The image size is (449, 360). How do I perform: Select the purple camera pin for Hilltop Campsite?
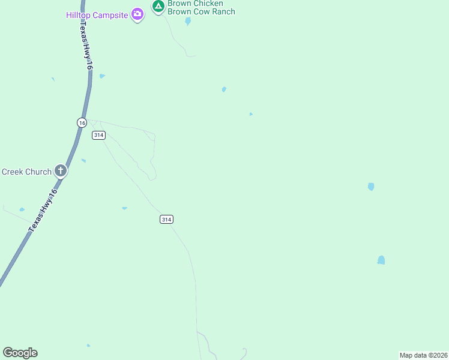point(137,14)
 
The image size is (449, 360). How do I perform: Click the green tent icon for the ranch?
point(158,7)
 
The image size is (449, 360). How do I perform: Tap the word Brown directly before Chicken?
point(179,4)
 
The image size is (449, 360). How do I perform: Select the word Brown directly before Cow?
point(179,11)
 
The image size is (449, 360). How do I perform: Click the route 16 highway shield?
point(82,122)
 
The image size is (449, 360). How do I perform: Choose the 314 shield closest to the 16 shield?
point(99,135)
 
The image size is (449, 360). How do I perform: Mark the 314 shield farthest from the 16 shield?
point(167,220)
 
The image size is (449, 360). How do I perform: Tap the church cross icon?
point(61,171)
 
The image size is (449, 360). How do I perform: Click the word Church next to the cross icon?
point(38,172)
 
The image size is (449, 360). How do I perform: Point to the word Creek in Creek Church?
point(12,172)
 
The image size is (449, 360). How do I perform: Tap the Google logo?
point(20,353)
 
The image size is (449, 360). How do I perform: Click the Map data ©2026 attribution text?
point(423,355)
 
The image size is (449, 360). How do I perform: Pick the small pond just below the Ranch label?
point(188,22)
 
